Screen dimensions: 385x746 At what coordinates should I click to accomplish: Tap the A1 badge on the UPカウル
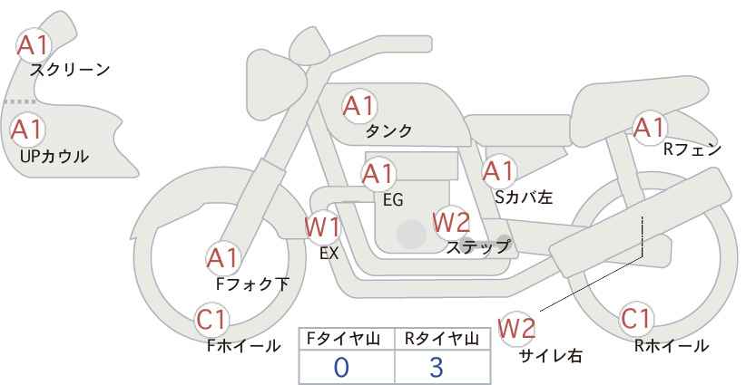point(26,129)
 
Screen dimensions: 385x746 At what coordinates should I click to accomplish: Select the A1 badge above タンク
point(358,106)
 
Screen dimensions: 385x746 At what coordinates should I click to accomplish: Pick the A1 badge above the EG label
point(378,173)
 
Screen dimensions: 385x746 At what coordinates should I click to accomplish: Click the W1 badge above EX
point(321,226)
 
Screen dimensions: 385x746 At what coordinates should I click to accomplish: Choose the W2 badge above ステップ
point(451,222)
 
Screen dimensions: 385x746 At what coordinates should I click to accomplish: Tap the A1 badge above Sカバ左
point(498,170)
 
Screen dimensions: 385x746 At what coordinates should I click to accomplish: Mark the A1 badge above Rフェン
point(649,128)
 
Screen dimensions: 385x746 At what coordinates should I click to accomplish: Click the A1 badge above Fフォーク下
point(222,258)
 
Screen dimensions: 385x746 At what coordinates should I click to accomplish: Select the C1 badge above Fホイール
point(212,319)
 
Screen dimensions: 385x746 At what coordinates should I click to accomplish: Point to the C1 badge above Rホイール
point(636,319)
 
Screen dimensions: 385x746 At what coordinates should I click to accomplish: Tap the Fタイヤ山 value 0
point(342,367)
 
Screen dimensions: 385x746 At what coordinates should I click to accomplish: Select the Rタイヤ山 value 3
point(437,367)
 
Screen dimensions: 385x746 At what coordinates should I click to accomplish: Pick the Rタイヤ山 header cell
point(441,339)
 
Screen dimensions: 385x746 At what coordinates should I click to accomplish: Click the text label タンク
point(388,131)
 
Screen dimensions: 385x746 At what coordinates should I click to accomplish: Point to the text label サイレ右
point(550,356)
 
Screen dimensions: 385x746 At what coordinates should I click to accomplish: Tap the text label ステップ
point(477,246)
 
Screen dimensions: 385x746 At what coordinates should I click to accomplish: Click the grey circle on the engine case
point(411,235)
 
